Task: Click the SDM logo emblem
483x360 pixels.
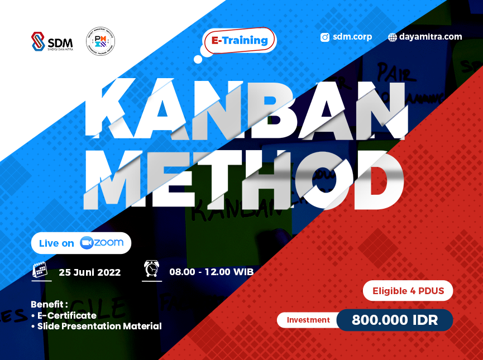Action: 38,41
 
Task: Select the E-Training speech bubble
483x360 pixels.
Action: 240,41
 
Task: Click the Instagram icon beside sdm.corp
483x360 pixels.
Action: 325,37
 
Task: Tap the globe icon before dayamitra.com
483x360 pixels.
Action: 393,37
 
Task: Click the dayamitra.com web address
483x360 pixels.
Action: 430,37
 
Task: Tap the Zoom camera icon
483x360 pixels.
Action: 86,243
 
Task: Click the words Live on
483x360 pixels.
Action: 56,243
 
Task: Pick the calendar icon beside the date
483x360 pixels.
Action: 40,270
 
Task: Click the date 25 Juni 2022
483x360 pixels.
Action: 89,272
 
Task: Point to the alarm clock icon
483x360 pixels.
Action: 151,269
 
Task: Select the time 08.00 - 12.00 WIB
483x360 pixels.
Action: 211,272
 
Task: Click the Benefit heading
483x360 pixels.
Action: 49,305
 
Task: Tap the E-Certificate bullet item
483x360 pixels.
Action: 66,315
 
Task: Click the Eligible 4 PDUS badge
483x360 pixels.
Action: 408,291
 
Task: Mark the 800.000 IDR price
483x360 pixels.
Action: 395,320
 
